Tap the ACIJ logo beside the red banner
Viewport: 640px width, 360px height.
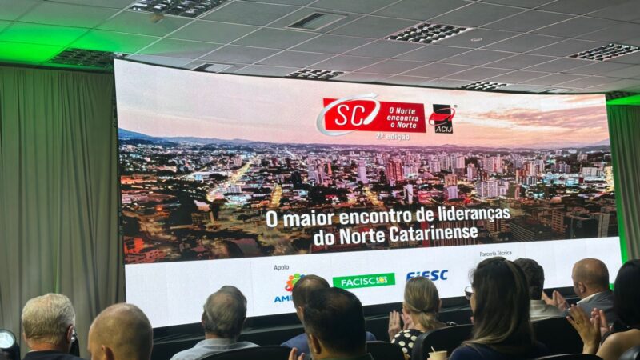(x=442, y=117)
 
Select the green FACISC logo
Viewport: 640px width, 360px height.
(x=363, y=280)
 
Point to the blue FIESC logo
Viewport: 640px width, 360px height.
(x=427, y=275)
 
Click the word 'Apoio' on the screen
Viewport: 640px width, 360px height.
(x=281, y=267)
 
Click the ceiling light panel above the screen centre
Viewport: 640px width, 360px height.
(x=428, y=32)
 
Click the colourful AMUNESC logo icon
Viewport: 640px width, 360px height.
(x=293, y=282)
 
